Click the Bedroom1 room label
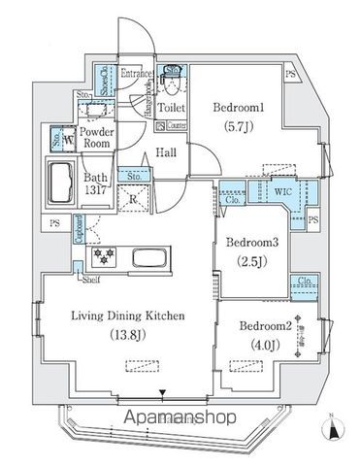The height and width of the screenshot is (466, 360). point(234,108)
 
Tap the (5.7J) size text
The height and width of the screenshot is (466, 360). point(234,126)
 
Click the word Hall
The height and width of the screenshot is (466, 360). point(167,152)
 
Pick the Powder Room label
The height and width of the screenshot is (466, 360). point(97,137)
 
